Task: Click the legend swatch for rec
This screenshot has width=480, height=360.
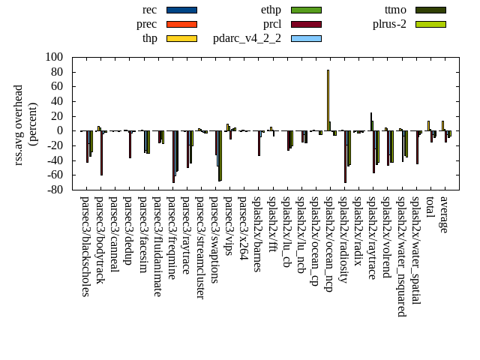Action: (x=181, y=10)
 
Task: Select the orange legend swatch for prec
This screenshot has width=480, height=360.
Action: (x=181, y=24)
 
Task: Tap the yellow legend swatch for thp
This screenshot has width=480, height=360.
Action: (x=181, y=38)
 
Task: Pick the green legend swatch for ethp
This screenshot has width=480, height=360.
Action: (x=306, y=10)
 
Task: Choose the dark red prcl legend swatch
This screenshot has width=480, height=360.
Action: (x=306, y=24)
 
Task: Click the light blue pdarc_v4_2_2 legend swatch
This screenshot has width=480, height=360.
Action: (x=306, y=38)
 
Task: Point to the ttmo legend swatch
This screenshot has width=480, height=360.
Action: (x=430, y=10)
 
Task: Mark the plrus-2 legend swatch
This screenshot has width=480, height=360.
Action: (x=430, y=24)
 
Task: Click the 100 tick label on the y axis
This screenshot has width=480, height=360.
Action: (x=53, y=57)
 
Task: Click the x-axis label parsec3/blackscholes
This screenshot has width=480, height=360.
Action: (x=85, y=246)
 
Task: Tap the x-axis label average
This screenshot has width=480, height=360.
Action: (x=444, y=214)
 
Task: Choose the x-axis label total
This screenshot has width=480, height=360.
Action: (x=430, y=208)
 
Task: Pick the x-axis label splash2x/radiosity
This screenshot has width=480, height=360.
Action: (x=343, y=244)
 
